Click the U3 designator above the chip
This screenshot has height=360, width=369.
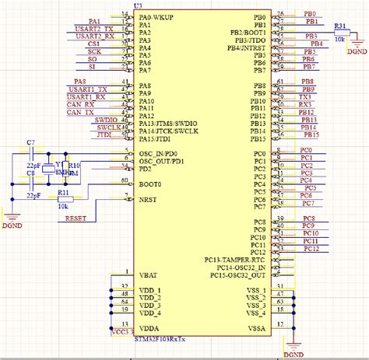[138, 5]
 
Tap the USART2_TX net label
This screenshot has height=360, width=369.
[96, 29]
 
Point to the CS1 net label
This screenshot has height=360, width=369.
[93, 44]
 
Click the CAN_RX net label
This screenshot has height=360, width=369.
[80, 104]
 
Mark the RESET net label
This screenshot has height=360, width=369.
[76, 218]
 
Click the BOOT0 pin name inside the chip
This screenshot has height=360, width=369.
[151, 184]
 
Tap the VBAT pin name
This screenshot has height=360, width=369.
[149, 275]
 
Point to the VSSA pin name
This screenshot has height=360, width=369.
[257, 330]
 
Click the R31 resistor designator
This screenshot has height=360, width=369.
[340, 26]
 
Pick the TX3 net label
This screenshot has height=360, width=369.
[306, 96]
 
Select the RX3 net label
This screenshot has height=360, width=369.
[306, 104]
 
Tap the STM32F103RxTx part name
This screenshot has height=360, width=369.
[160, 338]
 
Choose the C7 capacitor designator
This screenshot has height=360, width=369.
[30, 143]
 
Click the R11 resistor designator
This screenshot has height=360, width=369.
[64, 190]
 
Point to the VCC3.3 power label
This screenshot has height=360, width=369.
[122, 332]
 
